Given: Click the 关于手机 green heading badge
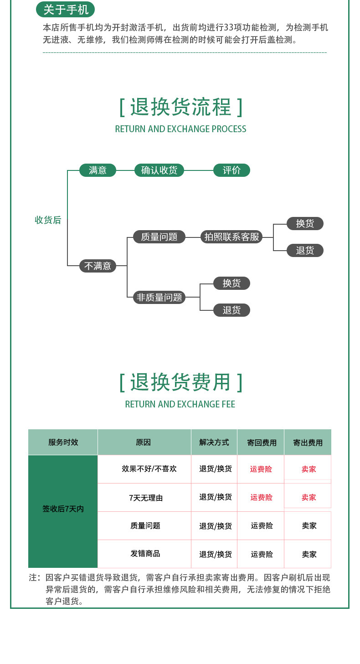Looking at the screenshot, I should [x=66, y=9].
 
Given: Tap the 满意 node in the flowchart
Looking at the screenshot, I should [x=98, y=170].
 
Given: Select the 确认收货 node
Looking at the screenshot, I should [x=159, y=170].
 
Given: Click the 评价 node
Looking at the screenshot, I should [x=231, y=170].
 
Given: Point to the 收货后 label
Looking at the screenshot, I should [x=48, y=220].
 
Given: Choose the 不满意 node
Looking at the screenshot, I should [x=98, y=266].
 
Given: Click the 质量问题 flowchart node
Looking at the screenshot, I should [x=159, y=237].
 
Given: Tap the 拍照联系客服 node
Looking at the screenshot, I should [x=231, y=237].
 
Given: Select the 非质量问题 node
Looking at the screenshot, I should [x=159, y=298].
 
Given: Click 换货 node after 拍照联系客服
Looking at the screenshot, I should [x=305, y=223].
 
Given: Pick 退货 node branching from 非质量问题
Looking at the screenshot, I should [x=231, y=310].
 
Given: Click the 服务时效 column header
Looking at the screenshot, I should [x=63, y=442].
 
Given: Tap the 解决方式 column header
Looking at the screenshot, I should [x=214, y=442].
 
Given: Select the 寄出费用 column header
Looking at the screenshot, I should [x=308, y=443].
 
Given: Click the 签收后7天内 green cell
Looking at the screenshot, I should [x=63, y=509].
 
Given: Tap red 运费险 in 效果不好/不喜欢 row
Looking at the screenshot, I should [x=261, y=469].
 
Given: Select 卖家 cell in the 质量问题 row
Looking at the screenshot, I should [x=309, y=525].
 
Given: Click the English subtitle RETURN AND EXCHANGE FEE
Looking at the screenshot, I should [x=180, y=404].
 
